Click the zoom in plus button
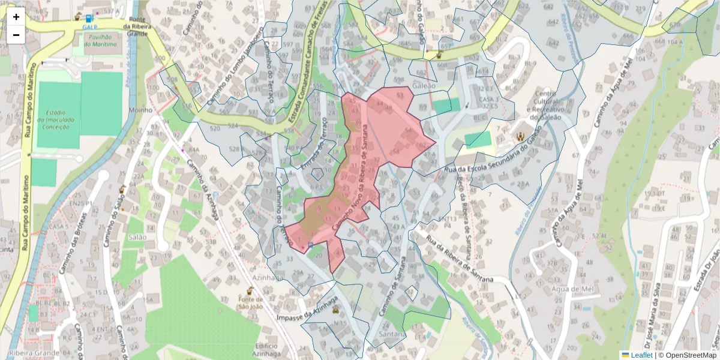16,17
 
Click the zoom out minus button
16,35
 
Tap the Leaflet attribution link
641,355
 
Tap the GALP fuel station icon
89,19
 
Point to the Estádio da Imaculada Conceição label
58,119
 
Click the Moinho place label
141,110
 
